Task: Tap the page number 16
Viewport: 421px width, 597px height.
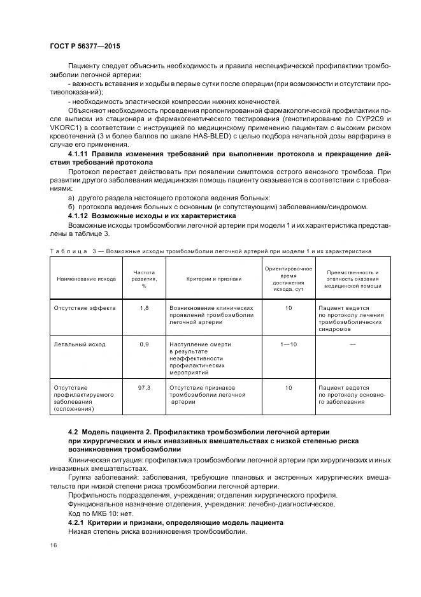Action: coord(53,545)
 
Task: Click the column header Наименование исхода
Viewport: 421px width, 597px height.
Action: coord(86,279)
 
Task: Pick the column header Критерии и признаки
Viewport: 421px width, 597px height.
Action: coord(213,279)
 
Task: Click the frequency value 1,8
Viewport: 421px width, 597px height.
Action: coord(144,307)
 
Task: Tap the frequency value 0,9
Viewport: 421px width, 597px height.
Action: coord(144,344)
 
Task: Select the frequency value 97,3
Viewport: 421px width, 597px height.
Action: coord(144,387)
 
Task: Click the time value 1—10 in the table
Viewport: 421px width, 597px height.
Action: coord(288,344)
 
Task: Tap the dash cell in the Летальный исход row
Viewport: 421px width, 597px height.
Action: coord(352,344)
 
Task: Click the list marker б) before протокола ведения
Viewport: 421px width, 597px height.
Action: coord(71,207)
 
